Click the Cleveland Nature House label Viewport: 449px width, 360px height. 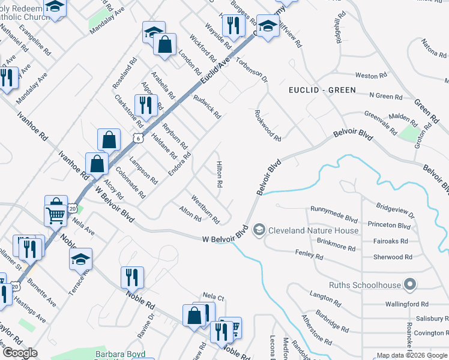point(313,230)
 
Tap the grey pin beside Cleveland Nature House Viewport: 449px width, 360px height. point(259,229)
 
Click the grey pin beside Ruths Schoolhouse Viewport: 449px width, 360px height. point(410,284)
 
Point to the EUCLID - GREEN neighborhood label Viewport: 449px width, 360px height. point(322,90)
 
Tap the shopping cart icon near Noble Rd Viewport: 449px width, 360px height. point(55,214)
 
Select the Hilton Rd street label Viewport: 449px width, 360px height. point(220,173)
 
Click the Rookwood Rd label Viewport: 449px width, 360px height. point(268,125)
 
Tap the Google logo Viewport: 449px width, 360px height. point(20,352)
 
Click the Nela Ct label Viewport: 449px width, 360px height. point(213,297)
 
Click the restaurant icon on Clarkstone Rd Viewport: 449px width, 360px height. point(145,105)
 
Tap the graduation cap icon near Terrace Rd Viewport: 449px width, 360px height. point(80,259)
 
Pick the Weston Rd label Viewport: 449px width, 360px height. point(371,76)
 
